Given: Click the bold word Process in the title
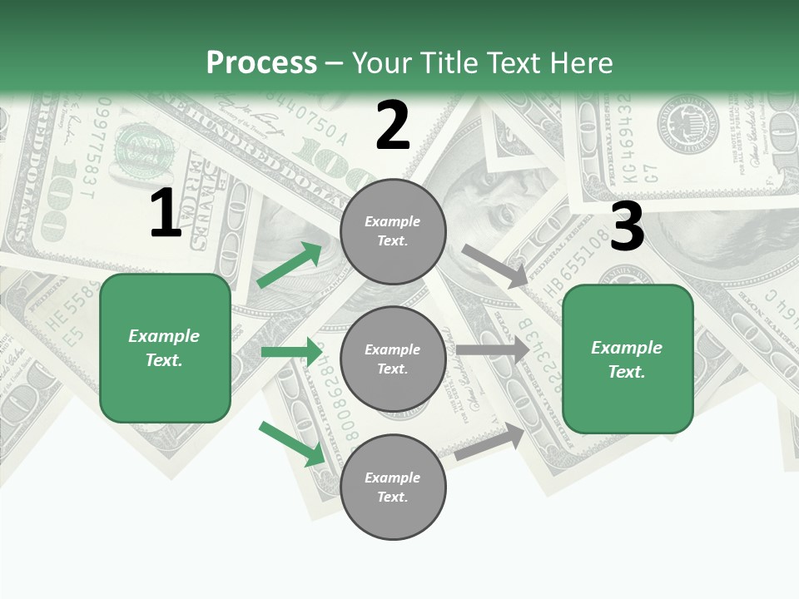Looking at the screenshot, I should click(261, 63).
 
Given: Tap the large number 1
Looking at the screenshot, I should click(166, 214).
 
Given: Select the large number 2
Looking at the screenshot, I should click(393, 126).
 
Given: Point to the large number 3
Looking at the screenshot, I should click(627, 226).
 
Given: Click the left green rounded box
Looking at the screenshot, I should click(165, 348).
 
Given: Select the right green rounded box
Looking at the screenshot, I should click(628, 359).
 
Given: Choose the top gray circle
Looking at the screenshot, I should click(393, 231).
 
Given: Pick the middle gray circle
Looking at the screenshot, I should click(393, 359).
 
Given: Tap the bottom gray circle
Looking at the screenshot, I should click(393, 487).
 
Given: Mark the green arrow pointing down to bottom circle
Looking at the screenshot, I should click(291, 443).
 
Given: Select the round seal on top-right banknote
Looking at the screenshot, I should click(687, 124).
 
